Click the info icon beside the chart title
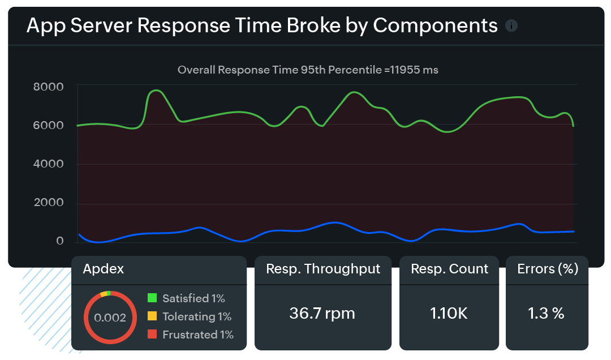[x=511, y=26]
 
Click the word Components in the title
[x=435, y=26]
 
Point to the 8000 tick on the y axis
[x=48, y=87]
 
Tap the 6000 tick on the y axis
[x=48, y=125]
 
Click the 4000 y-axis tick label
[x=48, y=164]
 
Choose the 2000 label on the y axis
[x=48, y=203]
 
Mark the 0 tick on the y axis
[x=59, y=242]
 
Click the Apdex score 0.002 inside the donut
[x=110, y=318]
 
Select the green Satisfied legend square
[x=152, y=298]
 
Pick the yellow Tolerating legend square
[x=152, y=316]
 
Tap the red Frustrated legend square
[x=152, y=335]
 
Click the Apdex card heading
[x=104, y=269]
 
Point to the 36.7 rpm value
[x=322, y=314]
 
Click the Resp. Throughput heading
[x=323, y=269]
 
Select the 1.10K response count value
[x=449, y=314]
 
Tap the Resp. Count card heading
[x=449, y=269]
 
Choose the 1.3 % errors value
[x=546, y=314]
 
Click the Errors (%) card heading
[x=547, y=269]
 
